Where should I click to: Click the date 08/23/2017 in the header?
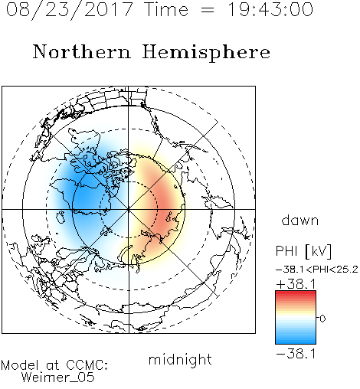point(70,10)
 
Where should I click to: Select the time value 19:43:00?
point(270,10)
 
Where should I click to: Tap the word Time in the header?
point(166,10)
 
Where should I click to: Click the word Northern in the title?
point(82,51)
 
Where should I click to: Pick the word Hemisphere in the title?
point(206,53)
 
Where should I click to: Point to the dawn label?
point(300,220)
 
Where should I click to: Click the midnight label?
point(180,359)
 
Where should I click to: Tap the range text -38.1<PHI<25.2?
point(317,270)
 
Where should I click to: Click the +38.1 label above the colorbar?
point(296,284)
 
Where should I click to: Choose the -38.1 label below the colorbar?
point(296,354)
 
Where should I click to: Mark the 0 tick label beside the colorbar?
point(322,319)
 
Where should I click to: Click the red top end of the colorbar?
point(296,293)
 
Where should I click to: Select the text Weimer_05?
point(58,378)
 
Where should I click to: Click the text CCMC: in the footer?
point(87,365)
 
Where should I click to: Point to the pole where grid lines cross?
point(129,209)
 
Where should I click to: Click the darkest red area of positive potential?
point(165,204)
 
